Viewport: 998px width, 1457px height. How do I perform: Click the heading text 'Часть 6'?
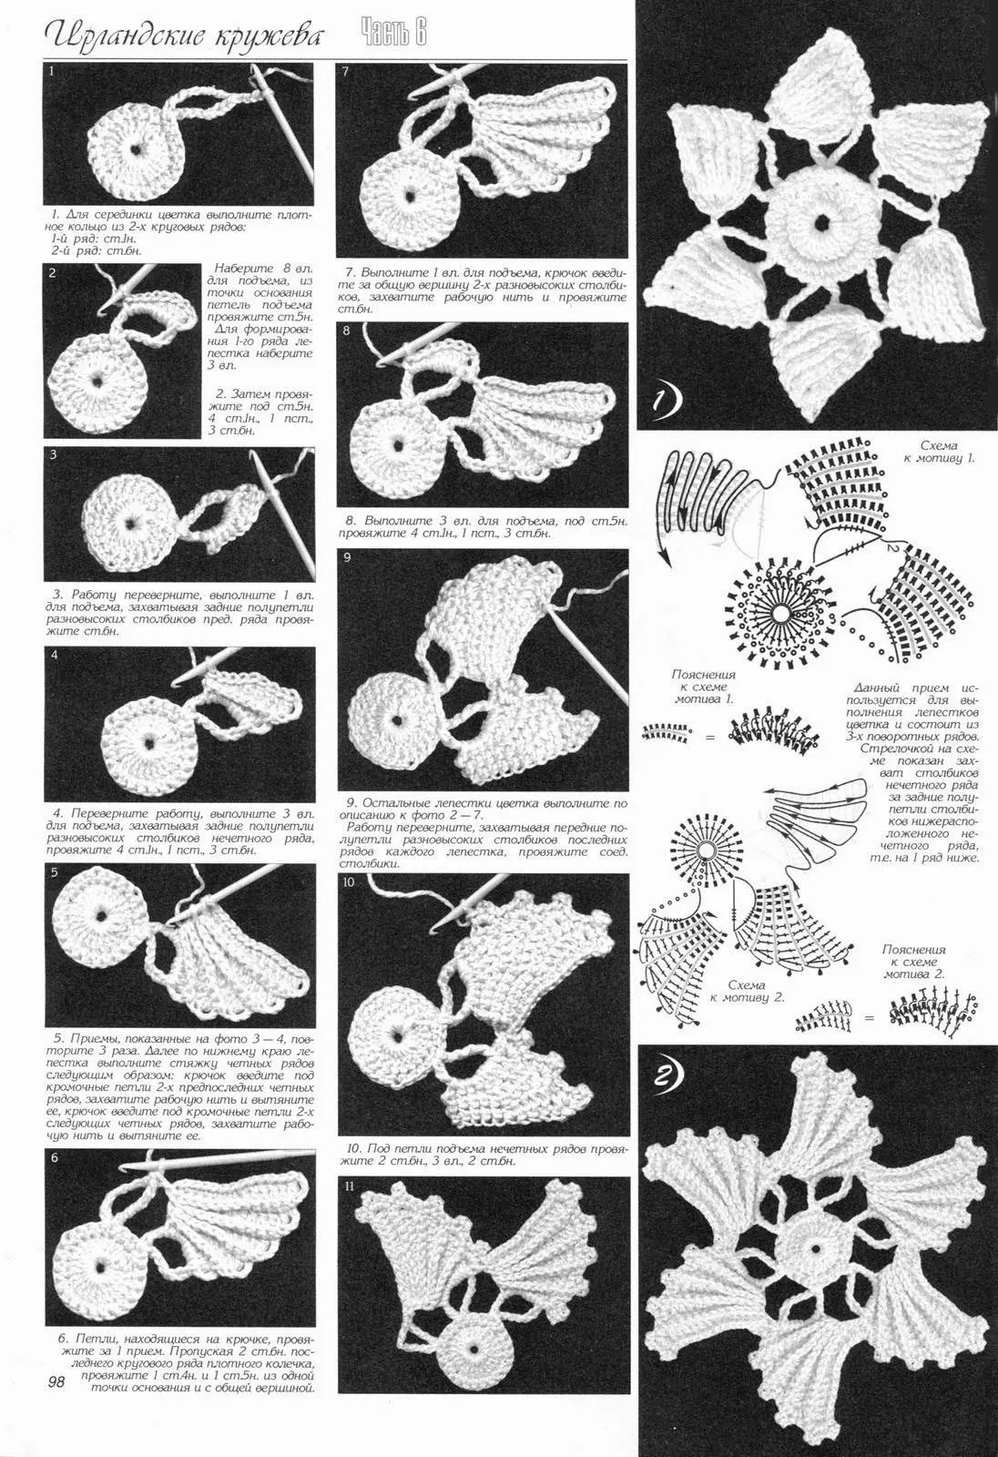pyautogui.click(x=393, y=33)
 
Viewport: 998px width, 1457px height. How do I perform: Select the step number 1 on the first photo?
pyautogui.click(x=51, y=72)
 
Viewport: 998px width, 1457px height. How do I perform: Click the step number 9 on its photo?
pyautogui.click(x=346, y=557)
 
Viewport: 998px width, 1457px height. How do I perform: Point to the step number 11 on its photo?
pyautogui.click(x=349, y=1186)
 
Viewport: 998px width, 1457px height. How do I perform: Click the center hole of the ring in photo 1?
pyautogui.click(x=136, y=148)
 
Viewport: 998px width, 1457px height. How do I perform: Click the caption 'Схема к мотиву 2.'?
pyautogui.click(x=746, y=991)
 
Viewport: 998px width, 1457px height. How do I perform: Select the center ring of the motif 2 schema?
pyautogui.click(x=707, y=850)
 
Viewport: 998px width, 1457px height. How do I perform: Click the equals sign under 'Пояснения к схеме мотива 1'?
pyautogui.click(x=709, y=738)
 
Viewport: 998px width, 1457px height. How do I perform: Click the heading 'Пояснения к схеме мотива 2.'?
pyautogui.click(x=913, y=962)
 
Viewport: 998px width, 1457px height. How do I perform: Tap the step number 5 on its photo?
pyautogui.click(x=55, y=873)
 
